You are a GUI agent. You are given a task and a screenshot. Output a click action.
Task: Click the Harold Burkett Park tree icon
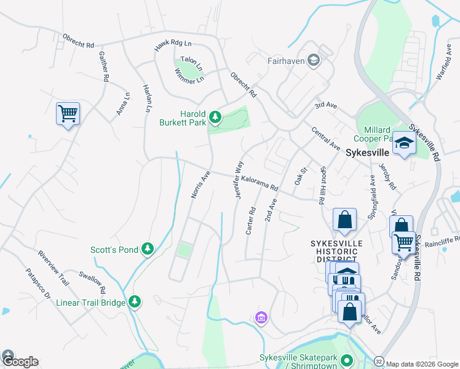215,116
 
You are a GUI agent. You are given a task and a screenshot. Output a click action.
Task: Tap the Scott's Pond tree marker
147,248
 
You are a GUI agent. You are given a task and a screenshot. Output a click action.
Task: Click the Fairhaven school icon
314,60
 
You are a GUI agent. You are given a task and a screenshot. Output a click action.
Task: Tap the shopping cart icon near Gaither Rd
68,114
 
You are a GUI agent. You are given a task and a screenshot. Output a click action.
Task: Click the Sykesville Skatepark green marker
347,360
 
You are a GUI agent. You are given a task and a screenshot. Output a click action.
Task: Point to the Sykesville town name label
367,152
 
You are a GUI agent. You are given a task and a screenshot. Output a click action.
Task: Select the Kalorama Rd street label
260,183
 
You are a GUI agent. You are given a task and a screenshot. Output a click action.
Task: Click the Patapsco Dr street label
38,284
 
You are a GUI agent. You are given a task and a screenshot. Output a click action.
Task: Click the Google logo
20,362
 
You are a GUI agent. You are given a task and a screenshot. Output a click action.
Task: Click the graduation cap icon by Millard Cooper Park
404,143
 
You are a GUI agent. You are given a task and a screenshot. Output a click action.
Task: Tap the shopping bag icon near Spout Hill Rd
344,220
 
